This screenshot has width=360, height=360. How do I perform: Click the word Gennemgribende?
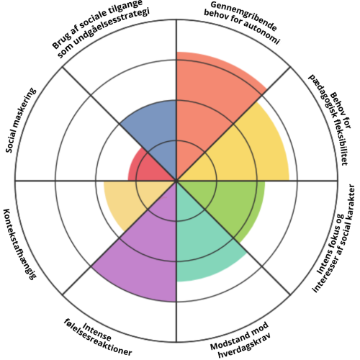(x=243, y=15)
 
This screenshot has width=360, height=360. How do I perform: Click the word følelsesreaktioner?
(x=98, y=339)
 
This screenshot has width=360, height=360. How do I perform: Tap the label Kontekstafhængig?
(x=19, y=244)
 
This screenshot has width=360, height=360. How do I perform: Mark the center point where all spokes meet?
(x=176, y=181)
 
